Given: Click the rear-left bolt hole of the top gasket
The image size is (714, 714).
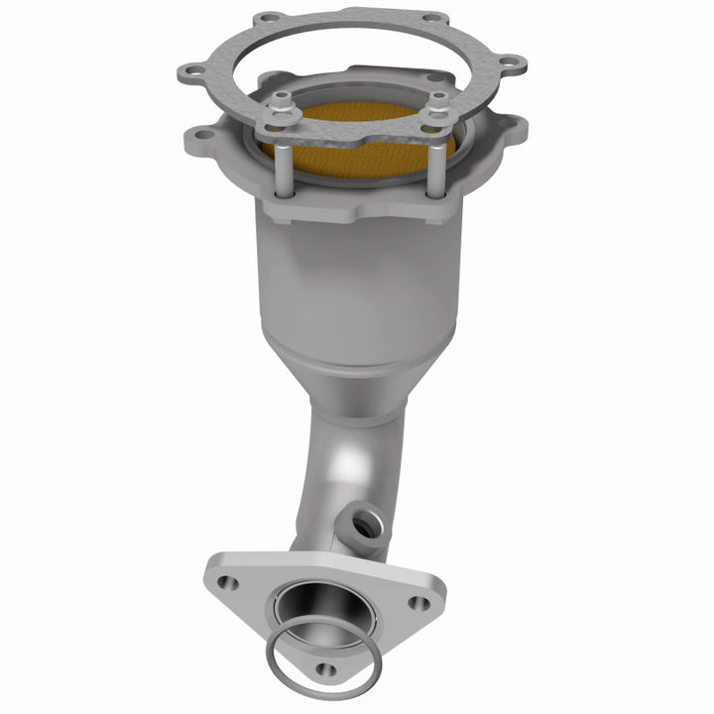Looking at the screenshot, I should point(270,19).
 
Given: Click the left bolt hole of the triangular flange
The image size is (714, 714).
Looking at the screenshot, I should point(228,583).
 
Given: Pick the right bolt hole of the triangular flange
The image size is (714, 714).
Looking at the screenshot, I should point(419,602).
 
